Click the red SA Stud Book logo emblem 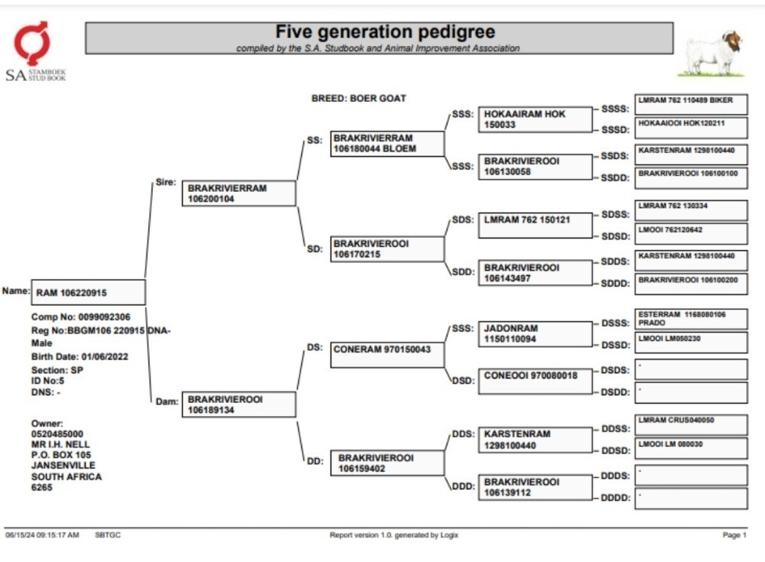point(31,43)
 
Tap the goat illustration point(713,54)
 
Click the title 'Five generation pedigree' point(385,31)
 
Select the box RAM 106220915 point(88,292)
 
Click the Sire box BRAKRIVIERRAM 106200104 point(239,193)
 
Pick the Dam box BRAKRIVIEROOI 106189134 point(239,404)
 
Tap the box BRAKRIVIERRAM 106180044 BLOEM point(387,144)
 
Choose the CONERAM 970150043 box point(387,355)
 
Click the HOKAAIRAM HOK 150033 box point(535,119)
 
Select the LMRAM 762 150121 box point(535,226)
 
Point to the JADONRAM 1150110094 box point(535,334)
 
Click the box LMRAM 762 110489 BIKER point(691,105)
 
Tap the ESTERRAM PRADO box point(691,319)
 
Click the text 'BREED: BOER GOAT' point(359,98)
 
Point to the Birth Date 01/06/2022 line point(80,356)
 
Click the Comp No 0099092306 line point(80,317)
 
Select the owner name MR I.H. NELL point(60,444)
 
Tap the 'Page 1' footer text point(734,535)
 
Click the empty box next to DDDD point(691,499)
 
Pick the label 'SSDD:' point(615,178)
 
